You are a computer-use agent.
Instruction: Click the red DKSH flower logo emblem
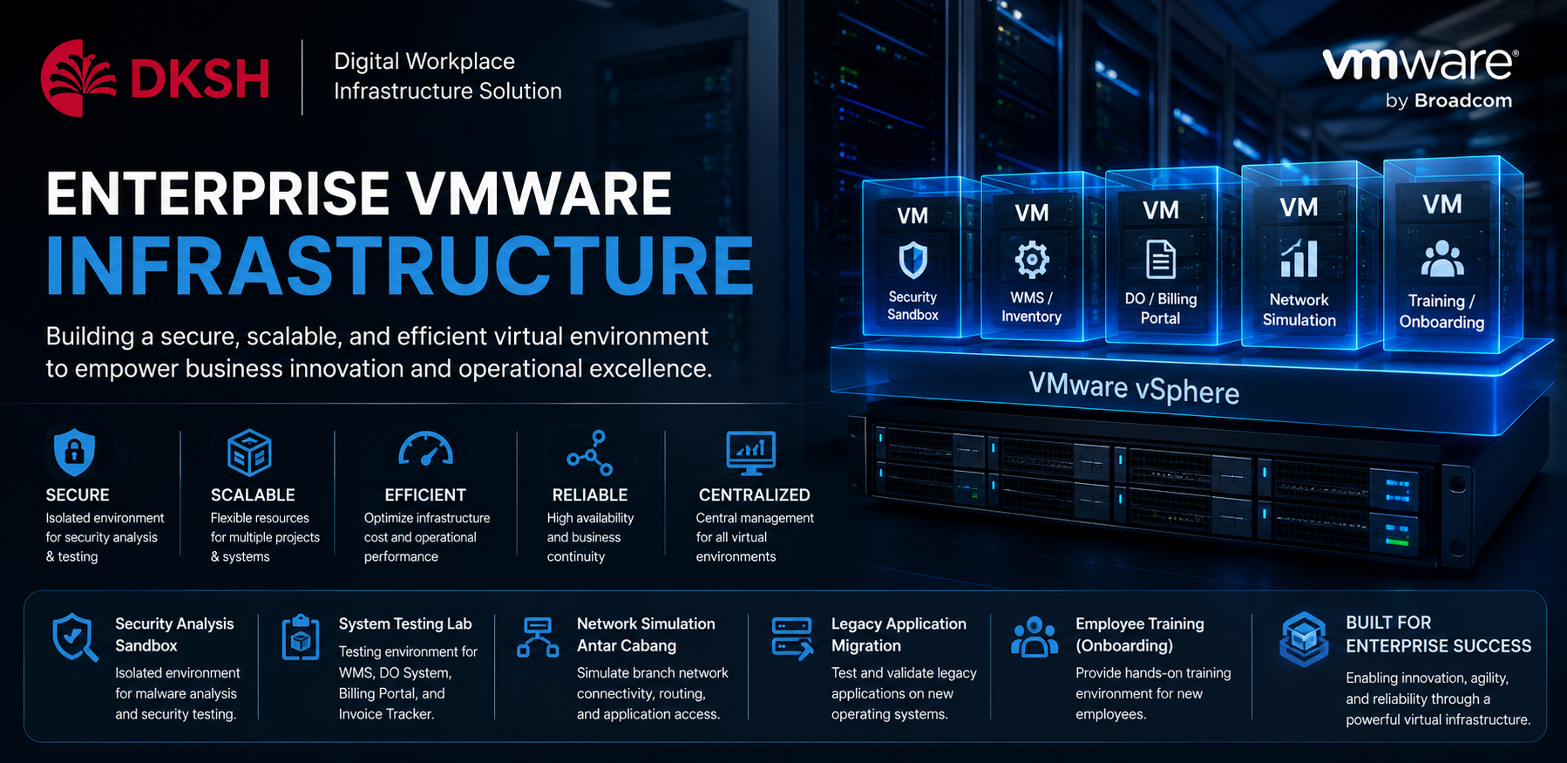(78, 78)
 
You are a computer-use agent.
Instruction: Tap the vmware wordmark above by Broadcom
(1421, 64)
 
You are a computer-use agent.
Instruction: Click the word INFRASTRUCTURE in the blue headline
(400, 265)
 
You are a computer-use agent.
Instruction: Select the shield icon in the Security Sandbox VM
(912, 260)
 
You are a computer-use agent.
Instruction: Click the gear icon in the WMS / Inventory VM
(1032, 259)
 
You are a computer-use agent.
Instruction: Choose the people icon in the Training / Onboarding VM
(1442, 259)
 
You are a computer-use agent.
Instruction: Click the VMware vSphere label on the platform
(1134, 387)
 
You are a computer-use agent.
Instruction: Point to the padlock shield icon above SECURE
(74, 452)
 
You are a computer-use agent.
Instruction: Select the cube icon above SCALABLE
(249, 453)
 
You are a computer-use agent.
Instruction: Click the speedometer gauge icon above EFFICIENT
(425, 448)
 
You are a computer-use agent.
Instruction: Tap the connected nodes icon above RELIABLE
(590, 453)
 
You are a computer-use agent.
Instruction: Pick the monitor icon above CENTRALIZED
(751, 453)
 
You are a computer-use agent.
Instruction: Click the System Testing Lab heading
(405, 623)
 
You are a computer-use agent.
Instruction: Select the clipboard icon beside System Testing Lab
(301, 637)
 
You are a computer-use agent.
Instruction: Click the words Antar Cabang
(627, 645)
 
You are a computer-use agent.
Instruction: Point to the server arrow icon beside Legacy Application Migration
(791, 638)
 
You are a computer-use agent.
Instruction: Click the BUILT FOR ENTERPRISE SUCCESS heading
(1438, 634)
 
